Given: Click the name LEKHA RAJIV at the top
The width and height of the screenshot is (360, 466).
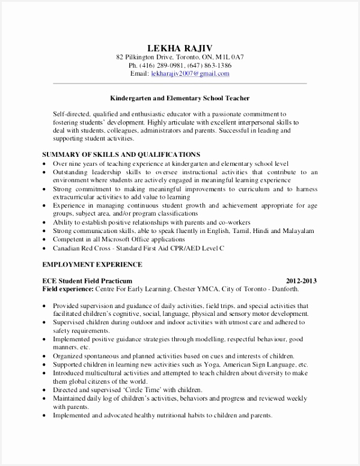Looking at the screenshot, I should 180,47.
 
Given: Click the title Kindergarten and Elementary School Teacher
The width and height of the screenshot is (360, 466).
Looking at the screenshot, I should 180,97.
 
